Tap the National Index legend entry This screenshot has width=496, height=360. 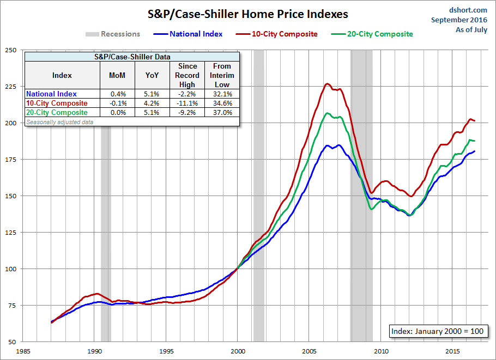click(196, 34)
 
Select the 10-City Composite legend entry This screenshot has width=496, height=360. click(284, 34)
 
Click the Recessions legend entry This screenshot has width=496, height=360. click(120, 34)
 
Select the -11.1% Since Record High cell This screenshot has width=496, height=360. click(186, 103)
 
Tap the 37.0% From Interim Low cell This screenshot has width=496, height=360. click(222, 112)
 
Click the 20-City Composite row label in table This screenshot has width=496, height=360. click(57, 112)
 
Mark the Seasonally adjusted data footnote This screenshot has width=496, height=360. click(59, 122)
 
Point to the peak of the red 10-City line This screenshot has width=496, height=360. click(327, 84)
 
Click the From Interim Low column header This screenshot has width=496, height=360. click(222, 75)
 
